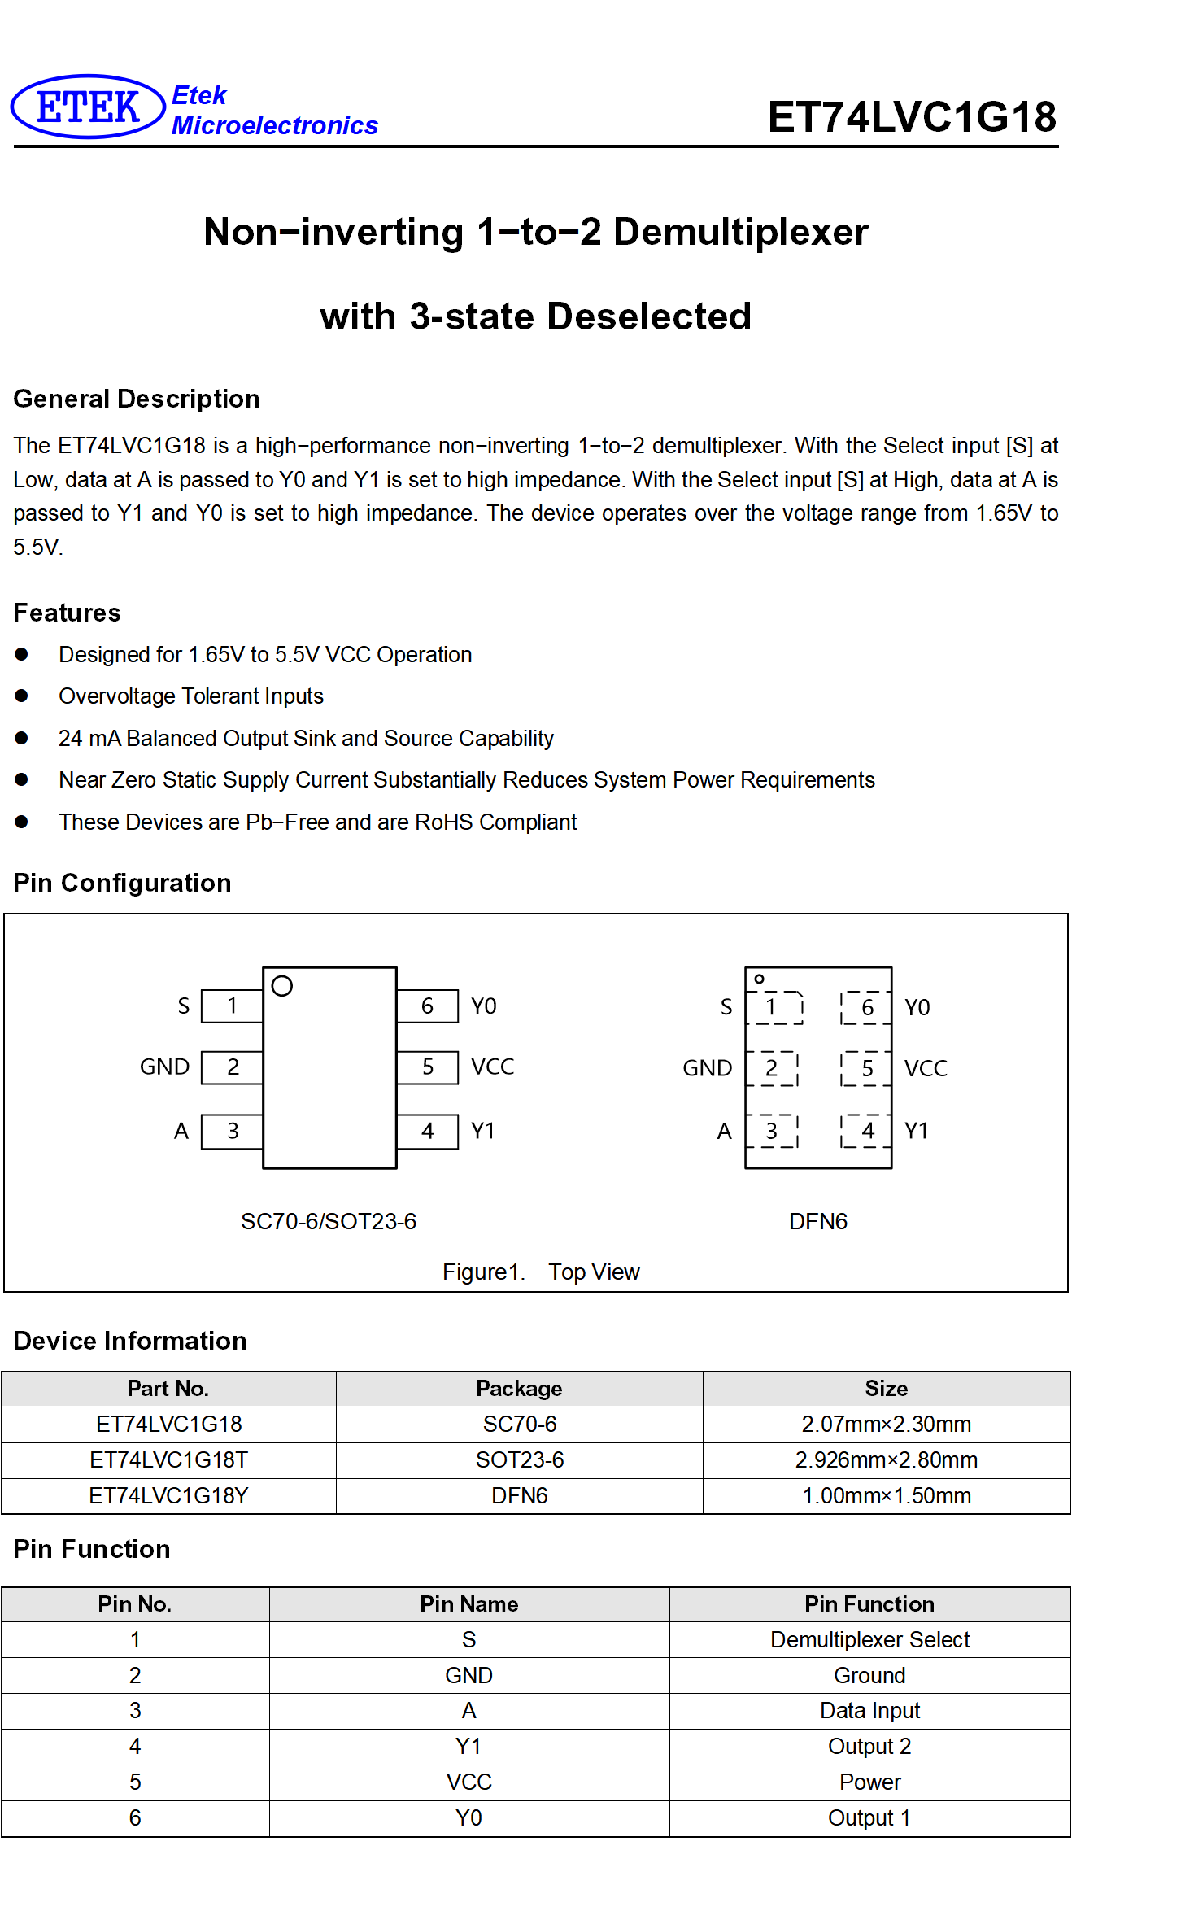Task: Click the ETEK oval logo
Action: point(88,107)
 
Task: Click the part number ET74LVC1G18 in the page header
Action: point(912,116)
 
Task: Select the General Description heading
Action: point(137,399)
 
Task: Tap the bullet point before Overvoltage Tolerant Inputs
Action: point(22,696)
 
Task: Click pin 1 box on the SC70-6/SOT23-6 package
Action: point(232,1006)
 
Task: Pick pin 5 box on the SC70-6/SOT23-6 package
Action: point(428,1067)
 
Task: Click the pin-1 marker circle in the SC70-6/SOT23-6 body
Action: point(282,986)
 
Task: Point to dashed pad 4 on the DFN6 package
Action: point(867,1131)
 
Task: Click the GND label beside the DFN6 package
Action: point(708,1068)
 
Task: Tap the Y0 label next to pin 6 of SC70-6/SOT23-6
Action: point(484,1006)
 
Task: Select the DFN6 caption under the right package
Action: point(818,1221)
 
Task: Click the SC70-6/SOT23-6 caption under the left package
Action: point(329,1221)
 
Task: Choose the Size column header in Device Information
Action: point(887,1389)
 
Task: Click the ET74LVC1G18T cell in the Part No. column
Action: point(169,1460)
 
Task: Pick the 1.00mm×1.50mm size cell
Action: point(887,1496)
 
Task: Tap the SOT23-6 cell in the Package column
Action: point(520,1460)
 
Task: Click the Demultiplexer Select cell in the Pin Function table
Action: point(870,1640)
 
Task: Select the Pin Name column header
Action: point(469,1604)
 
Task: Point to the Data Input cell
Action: point(870,1711)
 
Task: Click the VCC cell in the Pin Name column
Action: point(469,1782)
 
